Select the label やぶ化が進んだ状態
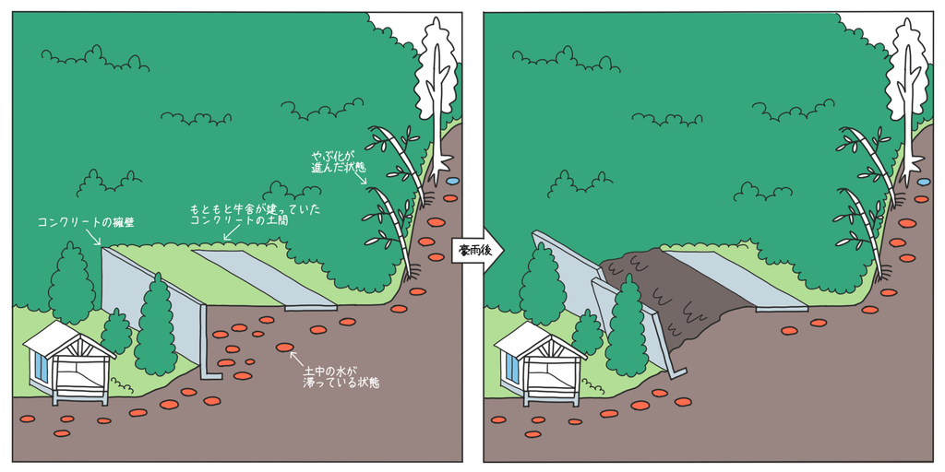click(x=338, y=161)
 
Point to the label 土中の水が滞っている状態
click(x=341, y=377)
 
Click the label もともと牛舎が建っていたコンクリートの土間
click(x=255, y=215)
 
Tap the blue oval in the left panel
click(x=452, y=180)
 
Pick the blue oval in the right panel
click(x=923, y=182)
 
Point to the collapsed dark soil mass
click(x=663, y=296)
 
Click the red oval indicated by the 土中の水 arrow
click(x=284, y=348)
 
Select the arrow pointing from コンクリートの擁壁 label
click(x=96, y=239)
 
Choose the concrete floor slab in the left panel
click(x=265, y=279)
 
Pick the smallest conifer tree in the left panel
click(x=115, y=331)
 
